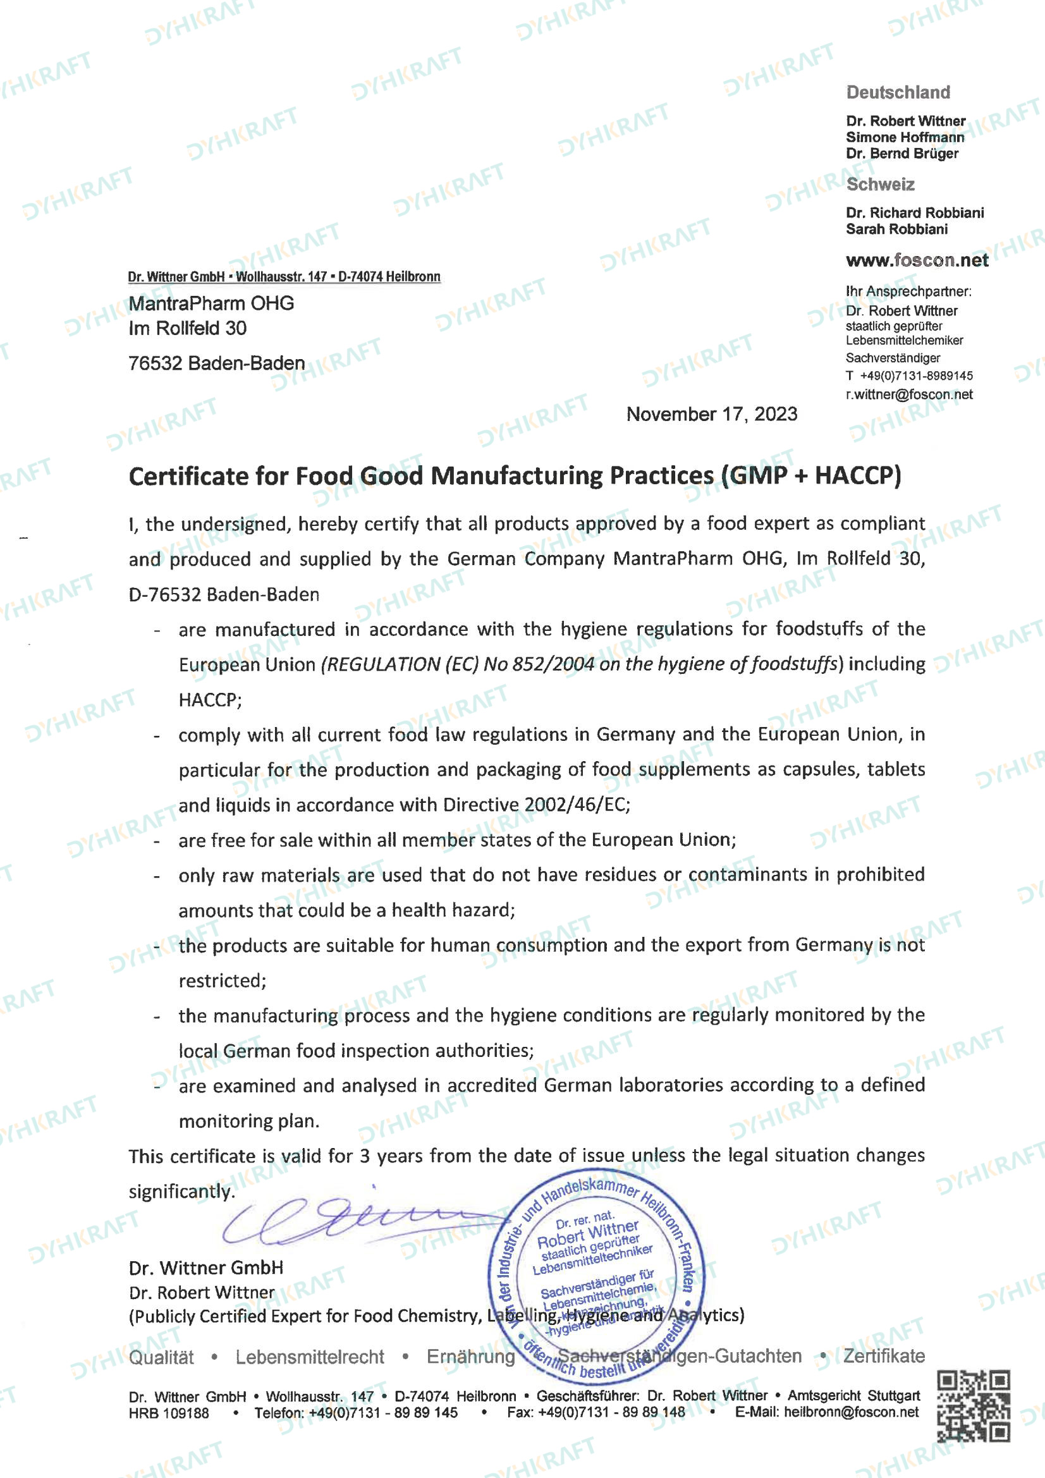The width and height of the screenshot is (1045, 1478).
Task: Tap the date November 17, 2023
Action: (711, 414)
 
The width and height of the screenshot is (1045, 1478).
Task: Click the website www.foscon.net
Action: (917, 260)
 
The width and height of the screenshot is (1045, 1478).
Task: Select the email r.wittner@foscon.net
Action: (908, 394)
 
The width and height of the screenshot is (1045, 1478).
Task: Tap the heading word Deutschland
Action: (898, 93)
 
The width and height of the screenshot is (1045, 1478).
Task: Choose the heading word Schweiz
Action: (879, 185)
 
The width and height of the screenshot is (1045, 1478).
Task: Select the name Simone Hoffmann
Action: (905, 137)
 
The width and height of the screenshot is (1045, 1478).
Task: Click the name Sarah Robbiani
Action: (896, 229)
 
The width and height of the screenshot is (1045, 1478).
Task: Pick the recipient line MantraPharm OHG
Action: (211, 303)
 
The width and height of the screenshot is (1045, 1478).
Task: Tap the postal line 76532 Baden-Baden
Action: (216, 363)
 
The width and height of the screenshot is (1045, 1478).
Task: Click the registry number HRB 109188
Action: (169, 1413)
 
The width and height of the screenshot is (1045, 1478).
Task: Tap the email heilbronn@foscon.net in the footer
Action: (851, 1412)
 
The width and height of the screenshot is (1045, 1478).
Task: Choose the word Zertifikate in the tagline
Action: (883, 1357)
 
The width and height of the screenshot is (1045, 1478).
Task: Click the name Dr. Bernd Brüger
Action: (901, 153)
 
